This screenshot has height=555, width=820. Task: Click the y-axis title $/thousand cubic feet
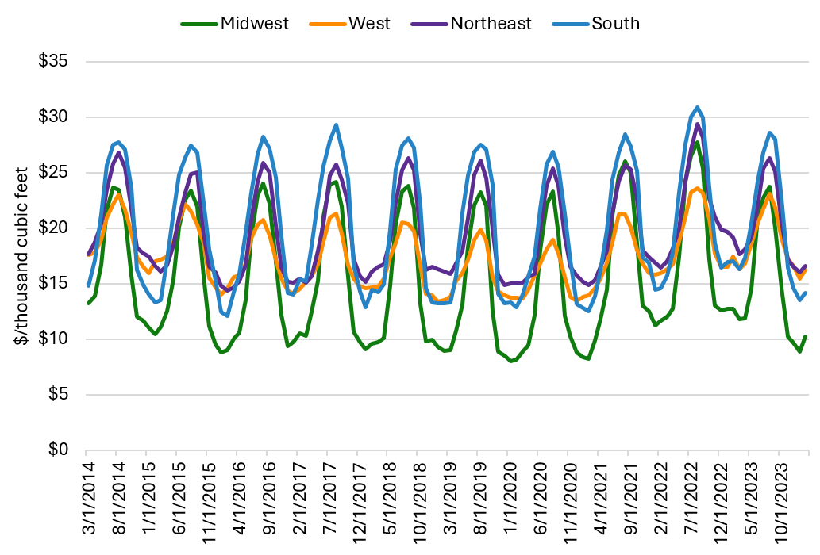pos(21,255)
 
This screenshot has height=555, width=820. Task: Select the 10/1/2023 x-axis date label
pos(779,496)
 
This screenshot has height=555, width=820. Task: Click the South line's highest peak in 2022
pos(697,107)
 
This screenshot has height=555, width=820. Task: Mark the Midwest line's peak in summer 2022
pos(697,142)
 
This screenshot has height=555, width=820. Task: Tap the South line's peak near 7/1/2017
pos(336,124)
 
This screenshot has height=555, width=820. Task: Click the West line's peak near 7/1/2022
pos(697,188)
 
